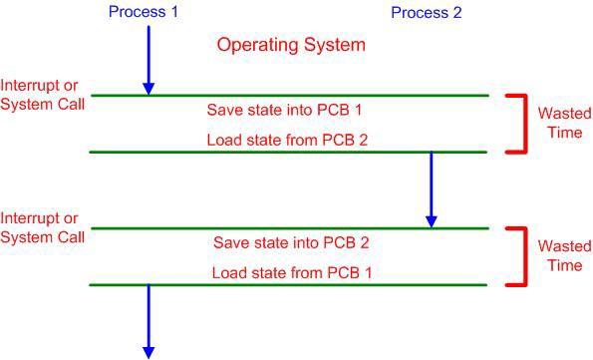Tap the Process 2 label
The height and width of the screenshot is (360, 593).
point(427,13)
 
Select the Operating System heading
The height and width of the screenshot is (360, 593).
point(292,45)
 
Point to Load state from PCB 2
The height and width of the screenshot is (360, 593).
point(287,140)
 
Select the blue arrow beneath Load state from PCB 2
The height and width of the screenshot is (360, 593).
point(432,189)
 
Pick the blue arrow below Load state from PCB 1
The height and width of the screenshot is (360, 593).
point(148,319)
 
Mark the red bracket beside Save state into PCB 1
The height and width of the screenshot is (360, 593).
point(520,124)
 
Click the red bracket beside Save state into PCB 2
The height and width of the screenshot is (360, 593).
point(520,256)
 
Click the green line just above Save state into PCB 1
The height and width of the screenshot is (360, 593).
point(289,96)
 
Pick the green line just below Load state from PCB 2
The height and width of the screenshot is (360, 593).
point(289,153)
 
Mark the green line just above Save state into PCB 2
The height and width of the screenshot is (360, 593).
point(289,228)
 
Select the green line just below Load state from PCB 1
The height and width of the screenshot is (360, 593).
point(289,285)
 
